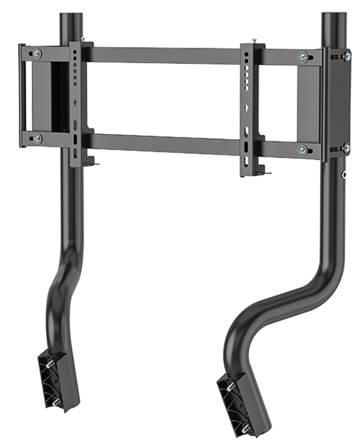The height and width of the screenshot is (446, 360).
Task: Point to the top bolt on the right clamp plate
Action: (x=347, y=53)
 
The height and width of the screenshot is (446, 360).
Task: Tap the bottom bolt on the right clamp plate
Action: (x=347, y=147)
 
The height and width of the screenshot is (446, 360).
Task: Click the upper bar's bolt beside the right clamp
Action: (x=302, y=57)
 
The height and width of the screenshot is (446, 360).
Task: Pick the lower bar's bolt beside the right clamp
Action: (x=302, y=149)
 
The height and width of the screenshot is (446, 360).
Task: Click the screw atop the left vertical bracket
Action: (x=83, y=39)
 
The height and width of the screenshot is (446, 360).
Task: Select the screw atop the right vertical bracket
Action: (x=254, y=40)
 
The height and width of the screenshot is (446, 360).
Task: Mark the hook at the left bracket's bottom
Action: (x=92, y=161)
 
